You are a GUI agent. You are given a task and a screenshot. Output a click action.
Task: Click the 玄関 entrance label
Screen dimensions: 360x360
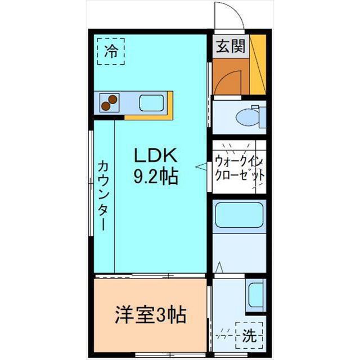pos(231,46)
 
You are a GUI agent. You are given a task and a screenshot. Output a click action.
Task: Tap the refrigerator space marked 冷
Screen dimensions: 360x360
pos(111,51)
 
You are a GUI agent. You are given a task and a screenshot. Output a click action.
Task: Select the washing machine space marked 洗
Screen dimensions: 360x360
pos(249,335)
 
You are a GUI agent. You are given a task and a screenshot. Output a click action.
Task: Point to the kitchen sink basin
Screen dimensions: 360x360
pos(151,103)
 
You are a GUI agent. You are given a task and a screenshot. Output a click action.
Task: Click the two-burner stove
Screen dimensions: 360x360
pos(110,102)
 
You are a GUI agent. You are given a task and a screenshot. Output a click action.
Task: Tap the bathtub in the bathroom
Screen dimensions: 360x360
pos(239,215)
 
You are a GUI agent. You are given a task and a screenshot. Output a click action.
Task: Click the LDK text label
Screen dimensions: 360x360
pos(155,155)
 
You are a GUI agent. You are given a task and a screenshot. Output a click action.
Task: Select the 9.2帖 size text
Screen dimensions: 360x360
pos(156,176)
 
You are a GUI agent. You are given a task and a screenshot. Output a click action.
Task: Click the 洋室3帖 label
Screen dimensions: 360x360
pos(150,315)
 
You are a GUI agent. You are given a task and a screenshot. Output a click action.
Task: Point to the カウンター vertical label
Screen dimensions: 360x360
pos(103,196)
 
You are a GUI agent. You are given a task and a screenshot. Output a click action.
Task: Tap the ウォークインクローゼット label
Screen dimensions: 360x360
pos(239,169)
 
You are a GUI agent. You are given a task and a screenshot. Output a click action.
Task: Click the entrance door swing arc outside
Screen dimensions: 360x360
pos(236,9)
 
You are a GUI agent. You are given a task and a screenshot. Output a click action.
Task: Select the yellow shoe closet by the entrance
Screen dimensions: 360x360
pos(258,64)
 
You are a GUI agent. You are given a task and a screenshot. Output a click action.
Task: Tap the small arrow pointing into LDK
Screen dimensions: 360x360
pos(201,166)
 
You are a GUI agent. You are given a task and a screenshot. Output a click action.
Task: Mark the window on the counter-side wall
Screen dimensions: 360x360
pos(91,183)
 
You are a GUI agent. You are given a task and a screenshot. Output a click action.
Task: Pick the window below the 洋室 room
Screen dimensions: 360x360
pos(170,354)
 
